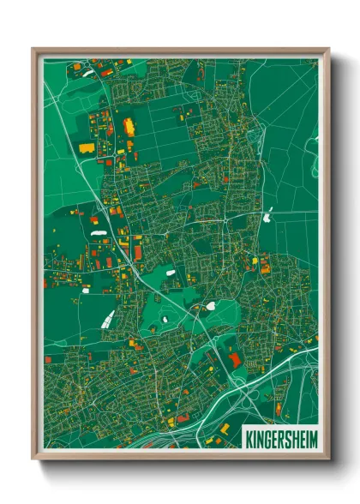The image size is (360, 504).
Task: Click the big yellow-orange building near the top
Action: pos(130,127)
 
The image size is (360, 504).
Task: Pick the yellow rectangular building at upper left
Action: pos(87,147)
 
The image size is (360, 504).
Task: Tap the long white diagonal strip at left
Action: pos(107,320)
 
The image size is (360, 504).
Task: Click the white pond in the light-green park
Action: pos(210,306)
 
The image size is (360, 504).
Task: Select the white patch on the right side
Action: pos(267,217)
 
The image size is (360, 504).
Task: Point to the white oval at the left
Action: pos(99,231)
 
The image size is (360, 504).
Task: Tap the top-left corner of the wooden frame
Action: pos(33,49)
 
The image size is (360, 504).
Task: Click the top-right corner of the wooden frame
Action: pos(329,49)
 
